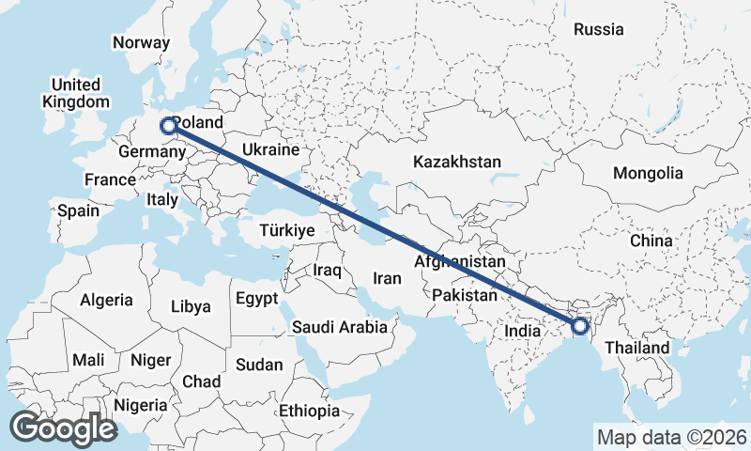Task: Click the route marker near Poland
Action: click(169, 126)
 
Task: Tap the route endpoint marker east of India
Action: click(579, 326)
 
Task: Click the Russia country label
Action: click(598, 29)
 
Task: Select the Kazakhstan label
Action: click(457, 162)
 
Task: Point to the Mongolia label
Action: click(648, 174)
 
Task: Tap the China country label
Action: click(651, 241)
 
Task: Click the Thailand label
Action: click(637, 348)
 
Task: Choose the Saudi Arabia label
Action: click(339, 327)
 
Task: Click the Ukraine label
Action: click(270, 149)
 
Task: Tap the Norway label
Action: click(141, 42)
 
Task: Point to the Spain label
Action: click(78, 210)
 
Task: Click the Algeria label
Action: click(106, 300)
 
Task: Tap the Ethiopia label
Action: click(309, 411)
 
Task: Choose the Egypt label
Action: click(256, 300)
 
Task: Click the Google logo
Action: click(63, 428)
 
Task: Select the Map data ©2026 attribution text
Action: click(671, 437)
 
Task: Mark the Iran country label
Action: click(387, 278)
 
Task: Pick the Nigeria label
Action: click(140, 405)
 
